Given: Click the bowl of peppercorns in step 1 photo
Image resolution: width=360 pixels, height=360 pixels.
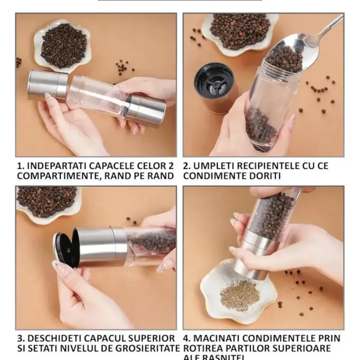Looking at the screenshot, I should point(63,45).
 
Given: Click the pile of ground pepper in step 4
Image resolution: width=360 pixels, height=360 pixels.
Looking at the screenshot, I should point(239,295).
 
